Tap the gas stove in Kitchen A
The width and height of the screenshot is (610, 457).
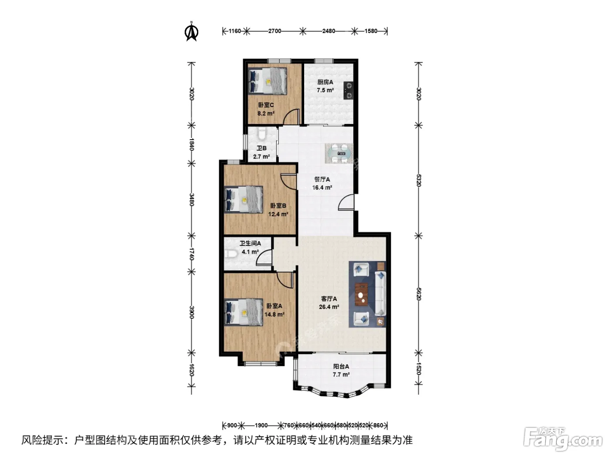pyautogui.click(x=348, y=91)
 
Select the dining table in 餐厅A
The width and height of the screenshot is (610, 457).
pyautogui.click(x=339, y=153)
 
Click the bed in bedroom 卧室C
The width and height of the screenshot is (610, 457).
pyautogui.click(x=268, y=81)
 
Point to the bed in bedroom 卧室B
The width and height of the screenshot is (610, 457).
pyautogui.click(x=244, y=199)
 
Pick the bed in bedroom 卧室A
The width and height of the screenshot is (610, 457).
pyautogui.click(x=244, y=312)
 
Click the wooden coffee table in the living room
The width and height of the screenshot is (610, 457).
pyautogui.click(x=361, y=294)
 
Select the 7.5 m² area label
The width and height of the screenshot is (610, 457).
pyautogui.click(x=325, y=90)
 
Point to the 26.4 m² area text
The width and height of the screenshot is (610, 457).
pyautogui.click(x=329, y=307)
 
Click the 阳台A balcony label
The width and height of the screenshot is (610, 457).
pyautogui.click(x=341, y=366)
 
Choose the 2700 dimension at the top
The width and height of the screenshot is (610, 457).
pyautogui.click(x=274, y=31)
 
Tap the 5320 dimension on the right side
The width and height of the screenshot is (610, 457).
pyautogui.click(x=419, y=180)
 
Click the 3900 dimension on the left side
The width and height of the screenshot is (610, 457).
pyautogui.click(x=191, y=312)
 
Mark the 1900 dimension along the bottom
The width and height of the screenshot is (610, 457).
pyautogui.click(x=261, y=425)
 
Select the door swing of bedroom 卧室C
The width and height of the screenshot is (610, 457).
pyautogui.click(x=291, y=117)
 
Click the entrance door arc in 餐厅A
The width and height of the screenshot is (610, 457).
pyautogui.click(x=346, y=202)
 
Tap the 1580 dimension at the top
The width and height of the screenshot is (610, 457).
pyautogui.click(x=371, y=31)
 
